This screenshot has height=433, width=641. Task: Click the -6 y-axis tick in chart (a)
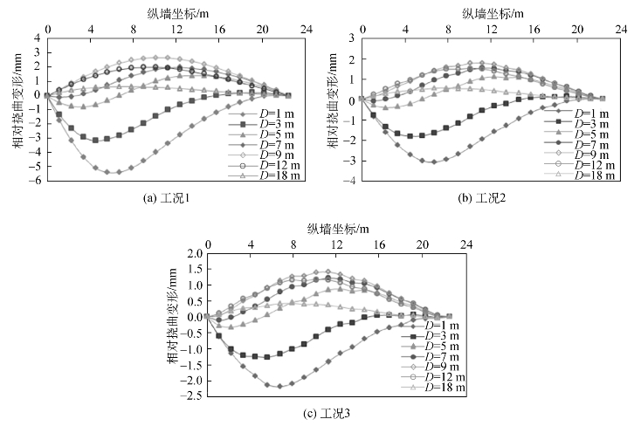coord(38,181)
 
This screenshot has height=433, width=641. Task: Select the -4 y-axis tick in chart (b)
coord(354,181)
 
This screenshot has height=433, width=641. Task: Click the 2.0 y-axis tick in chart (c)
coord(194,254)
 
